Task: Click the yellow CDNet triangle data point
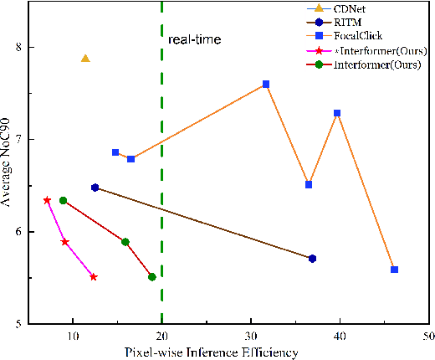85,58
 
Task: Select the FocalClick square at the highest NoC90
266,84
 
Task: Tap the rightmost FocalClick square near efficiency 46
394,269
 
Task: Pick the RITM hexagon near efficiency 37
312,258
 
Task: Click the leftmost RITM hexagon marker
95,188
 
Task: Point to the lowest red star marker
94,276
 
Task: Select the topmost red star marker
47,200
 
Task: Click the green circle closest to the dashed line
151,276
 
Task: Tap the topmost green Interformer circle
63,200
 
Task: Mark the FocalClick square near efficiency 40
337,113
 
